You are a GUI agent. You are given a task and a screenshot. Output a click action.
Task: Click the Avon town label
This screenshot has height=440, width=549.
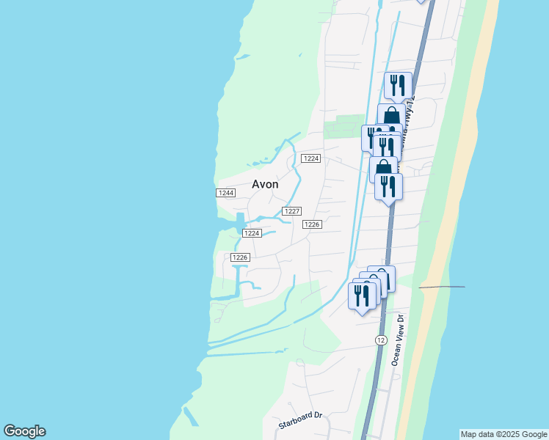click(x=265, y=184)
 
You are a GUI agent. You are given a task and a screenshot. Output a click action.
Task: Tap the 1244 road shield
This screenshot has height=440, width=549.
click(x=225, y=192)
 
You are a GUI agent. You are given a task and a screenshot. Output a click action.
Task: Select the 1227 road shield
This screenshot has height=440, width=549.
click(x=292, y=210)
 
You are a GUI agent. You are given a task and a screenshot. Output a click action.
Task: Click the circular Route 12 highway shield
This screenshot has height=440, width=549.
click(x=380, y=340)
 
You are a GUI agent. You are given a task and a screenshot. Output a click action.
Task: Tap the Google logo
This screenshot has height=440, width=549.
click(x=24, y=431)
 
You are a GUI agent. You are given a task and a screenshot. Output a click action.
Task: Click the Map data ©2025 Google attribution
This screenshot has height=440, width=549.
click(x=504, y=434)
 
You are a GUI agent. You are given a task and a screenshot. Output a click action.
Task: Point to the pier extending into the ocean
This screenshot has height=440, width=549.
click(x=442, y=287)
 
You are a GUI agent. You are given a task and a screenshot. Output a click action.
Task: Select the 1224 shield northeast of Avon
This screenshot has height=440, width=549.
click(x=311, y=158)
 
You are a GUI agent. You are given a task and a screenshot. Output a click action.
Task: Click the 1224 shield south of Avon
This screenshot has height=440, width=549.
click(x=252, y=232)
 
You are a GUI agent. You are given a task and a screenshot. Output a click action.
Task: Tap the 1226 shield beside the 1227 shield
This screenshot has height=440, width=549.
click(x=312, y=224)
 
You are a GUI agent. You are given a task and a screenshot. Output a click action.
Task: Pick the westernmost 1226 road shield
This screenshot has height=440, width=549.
click(x=241, y=257)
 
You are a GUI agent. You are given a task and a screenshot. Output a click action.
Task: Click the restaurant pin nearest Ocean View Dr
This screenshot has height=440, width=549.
click(x=361, y=296)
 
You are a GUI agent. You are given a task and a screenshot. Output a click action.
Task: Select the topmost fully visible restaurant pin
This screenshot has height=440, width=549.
click(x=398, y=85)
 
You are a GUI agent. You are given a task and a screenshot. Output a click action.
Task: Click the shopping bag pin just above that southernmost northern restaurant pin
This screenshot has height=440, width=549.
click(x=383, y=168)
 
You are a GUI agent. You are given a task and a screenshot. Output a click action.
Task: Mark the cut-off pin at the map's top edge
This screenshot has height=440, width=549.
click(x=421, y=1)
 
